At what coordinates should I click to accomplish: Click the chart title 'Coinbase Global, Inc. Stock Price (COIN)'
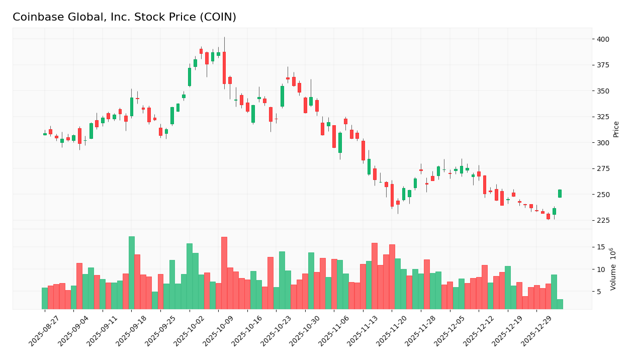click(124, 17)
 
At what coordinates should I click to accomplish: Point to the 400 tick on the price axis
click(603, 39)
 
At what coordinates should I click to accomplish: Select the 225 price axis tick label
click(603, 220)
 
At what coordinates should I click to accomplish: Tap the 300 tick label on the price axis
click(603, 143)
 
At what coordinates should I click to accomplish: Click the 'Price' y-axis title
click(616, 129)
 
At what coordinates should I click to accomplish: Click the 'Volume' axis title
click(613, 269)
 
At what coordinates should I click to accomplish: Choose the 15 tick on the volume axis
click(601, 247)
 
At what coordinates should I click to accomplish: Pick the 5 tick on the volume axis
click(599, 292)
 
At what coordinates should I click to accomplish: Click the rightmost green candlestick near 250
click(560, 194)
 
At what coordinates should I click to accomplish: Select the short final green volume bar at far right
click(560, 304)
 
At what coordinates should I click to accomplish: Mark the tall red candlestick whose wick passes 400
click(224, 68)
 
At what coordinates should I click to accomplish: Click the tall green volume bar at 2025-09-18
click(132, 273)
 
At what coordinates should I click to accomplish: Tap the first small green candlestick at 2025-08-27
click(45, 134)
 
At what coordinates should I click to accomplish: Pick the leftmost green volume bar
click(45, 298)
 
